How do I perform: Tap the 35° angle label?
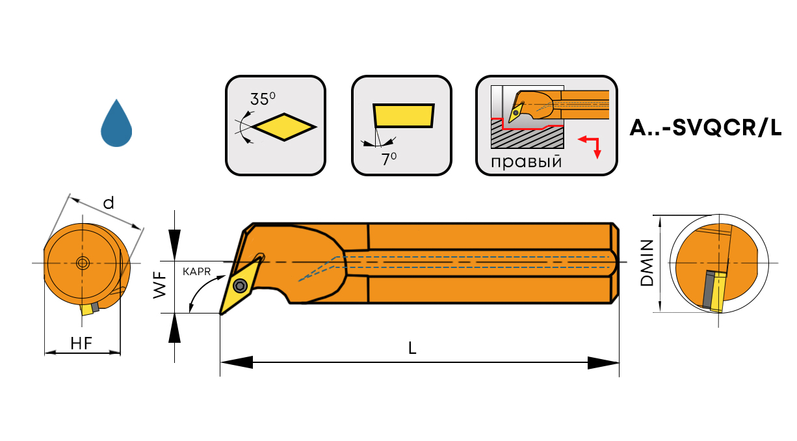(263, 99)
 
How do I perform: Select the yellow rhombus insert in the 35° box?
(285, 126)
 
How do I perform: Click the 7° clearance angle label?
(389, 158)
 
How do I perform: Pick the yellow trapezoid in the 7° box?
(404, 115)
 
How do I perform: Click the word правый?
(526, 161)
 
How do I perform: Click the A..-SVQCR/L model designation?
(705, 128)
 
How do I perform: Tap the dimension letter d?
(109, 203)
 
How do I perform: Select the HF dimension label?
(82, 345)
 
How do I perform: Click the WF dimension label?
(160, 286)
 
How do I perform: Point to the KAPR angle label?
(196, 272)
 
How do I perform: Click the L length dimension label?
(412, 348)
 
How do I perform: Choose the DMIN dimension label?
(647, 263)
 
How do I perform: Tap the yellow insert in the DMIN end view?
(718, 293)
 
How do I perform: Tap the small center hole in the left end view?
(83, 263)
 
